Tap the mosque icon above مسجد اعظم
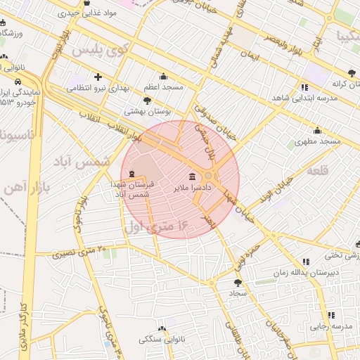[x=164, y=77]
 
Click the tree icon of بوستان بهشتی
[x=146, y=101]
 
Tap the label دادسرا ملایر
[x=191, y=188]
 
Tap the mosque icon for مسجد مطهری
[x=317, y=130]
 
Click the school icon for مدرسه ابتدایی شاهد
[x=304, y=87]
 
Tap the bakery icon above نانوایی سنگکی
[x=162, y=328]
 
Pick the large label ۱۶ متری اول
[x=157, y=227]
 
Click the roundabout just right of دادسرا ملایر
[x=210, y=176]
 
